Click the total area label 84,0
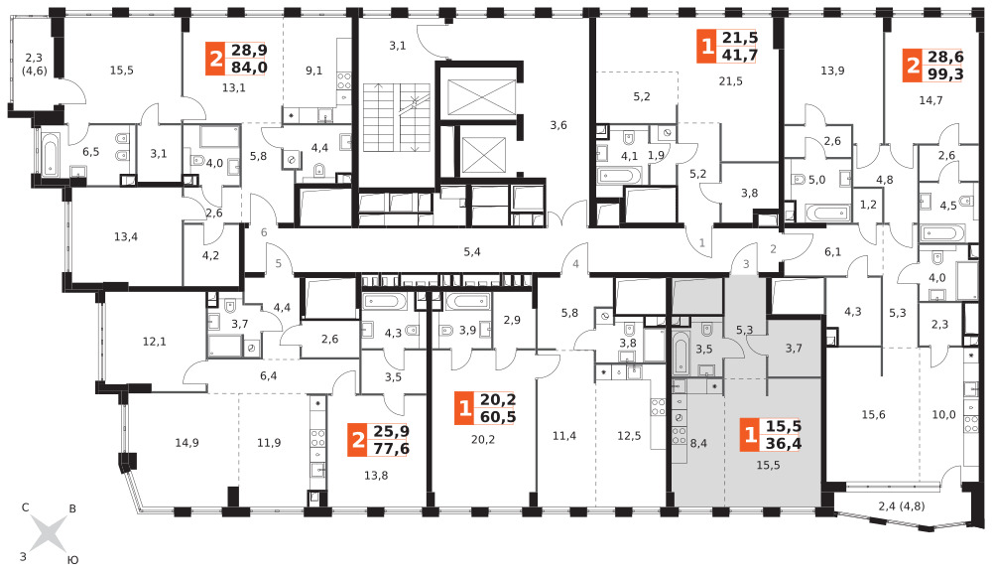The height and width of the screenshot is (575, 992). (249, 68)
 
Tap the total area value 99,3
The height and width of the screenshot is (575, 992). (945, 74)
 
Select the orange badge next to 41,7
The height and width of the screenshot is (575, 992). (706, 47)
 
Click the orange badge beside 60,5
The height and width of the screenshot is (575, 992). (464, 408)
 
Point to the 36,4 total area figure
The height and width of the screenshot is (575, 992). (784, 443)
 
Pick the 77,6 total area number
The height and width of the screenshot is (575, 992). (391, 448)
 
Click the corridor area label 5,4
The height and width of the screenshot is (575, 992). (472, 252)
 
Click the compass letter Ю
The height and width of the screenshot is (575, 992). (72, 560)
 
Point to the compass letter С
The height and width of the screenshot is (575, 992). (26, 507)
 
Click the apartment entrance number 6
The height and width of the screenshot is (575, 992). (264, 232)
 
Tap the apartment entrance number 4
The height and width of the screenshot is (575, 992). (575, 264)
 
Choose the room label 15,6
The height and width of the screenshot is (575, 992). (873, 415)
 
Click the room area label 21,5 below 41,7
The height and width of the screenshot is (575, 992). (730, 81)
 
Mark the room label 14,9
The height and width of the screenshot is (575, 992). (186, 443)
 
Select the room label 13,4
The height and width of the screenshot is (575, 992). (126, 236)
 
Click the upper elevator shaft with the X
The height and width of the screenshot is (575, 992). (481, 97)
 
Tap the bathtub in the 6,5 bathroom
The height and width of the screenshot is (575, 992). (50, 153)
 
